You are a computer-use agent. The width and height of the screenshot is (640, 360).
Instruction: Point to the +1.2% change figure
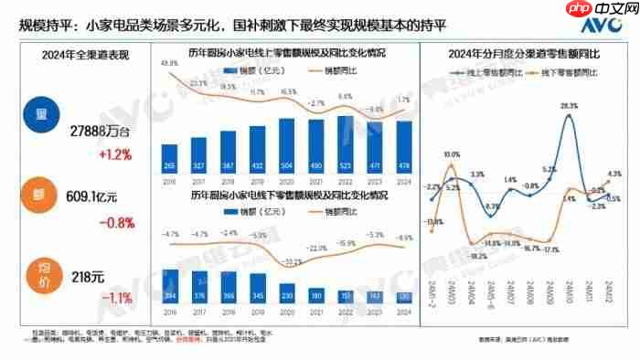100,154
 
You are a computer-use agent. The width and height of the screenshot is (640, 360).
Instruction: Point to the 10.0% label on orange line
452,155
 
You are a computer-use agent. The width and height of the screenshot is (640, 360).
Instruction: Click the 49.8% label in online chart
169,63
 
